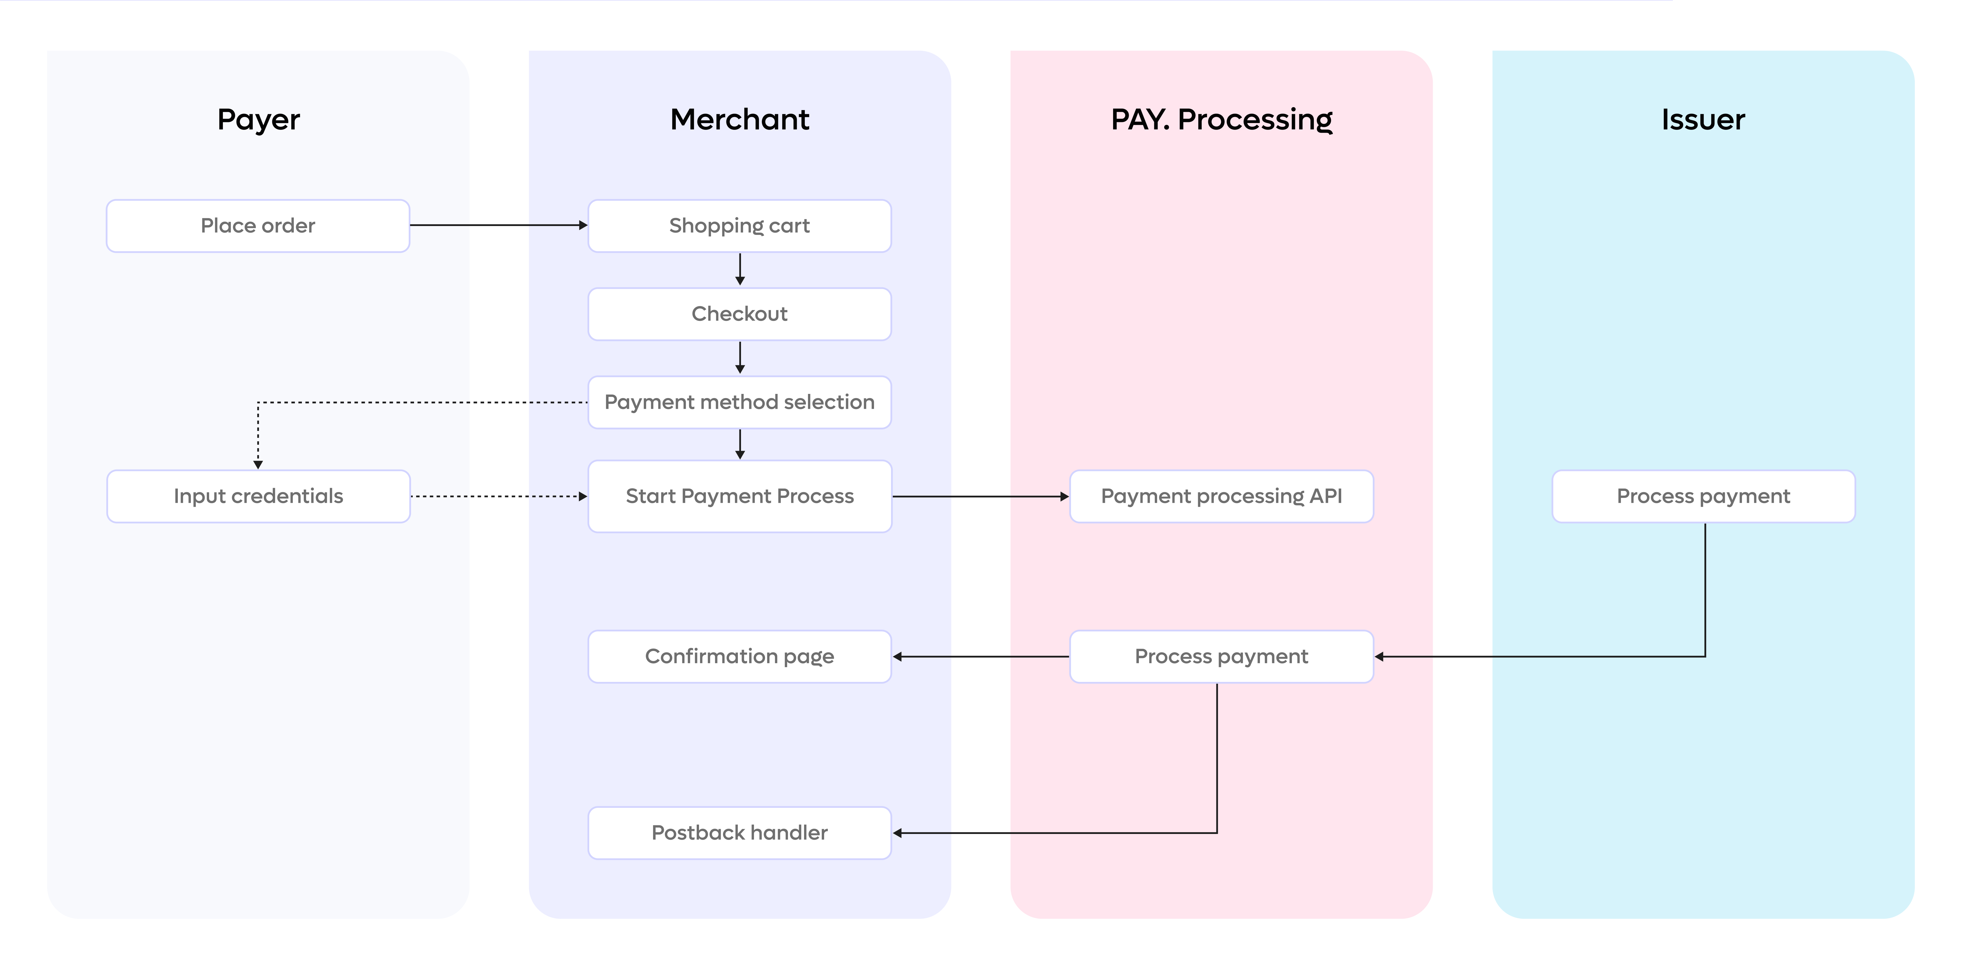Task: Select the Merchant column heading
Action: (x=739, y=119)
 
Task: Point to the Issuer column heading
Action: (x=1703, y=119)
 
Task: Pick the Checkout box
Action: (x=739, y=314)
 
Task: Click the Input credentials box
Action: (x=258, y=496)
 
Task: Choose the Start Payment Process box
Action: (x=739, y=496)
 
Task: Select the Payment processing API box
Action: (x=1222, y=496)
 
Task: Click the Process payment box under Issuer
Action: (x=1704, y=496)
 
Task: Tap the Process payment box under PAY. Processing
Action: (x=1222, y=657)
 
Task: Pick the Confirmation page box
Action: (x=739, y=657)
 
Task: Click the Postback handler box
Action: (x=739, y=833)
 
